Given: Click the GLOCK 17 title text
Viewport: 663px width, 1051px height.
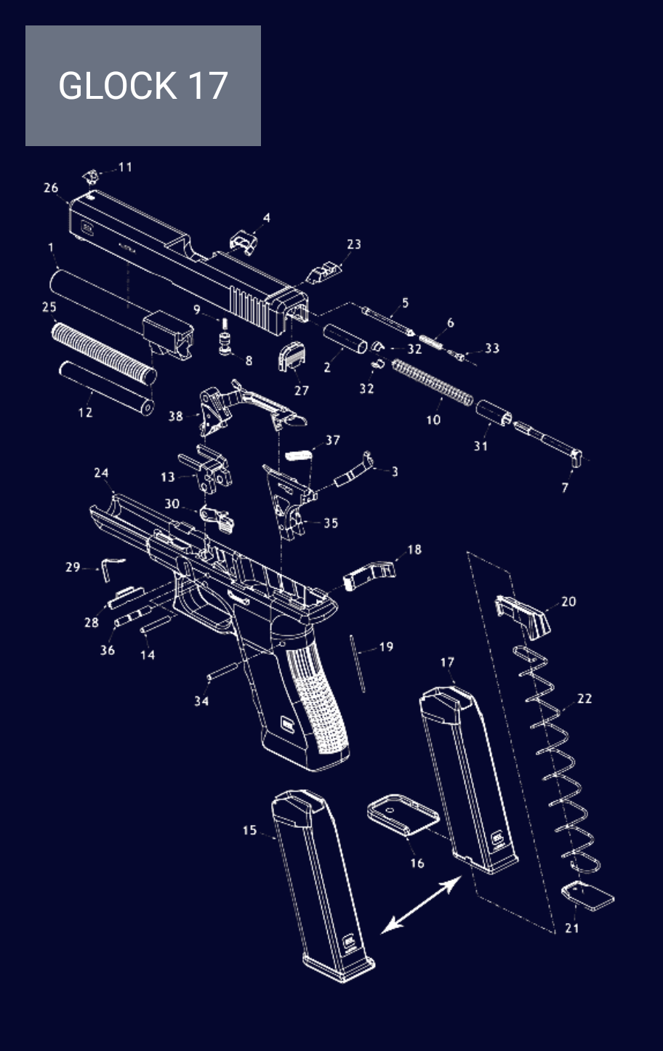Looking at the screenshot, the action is coord(143,85).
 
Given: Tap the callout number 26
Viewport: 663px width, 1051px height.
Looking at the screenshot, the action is coord(51,188).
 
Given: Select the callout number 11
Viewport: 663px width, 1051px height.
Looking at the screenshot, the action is coord(125,167).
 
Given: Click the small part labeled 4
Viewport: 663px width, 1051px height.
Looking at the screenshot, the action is coord(244,241).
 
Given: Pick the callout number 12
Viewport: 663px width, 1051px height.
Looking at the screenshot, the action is coord(85,412).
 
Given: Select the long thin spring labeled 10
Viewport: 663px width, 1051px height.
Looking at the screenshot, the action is coord(433,383).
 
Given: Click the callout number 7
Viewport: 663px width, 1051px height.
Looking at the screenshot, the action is coord(566,488).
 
